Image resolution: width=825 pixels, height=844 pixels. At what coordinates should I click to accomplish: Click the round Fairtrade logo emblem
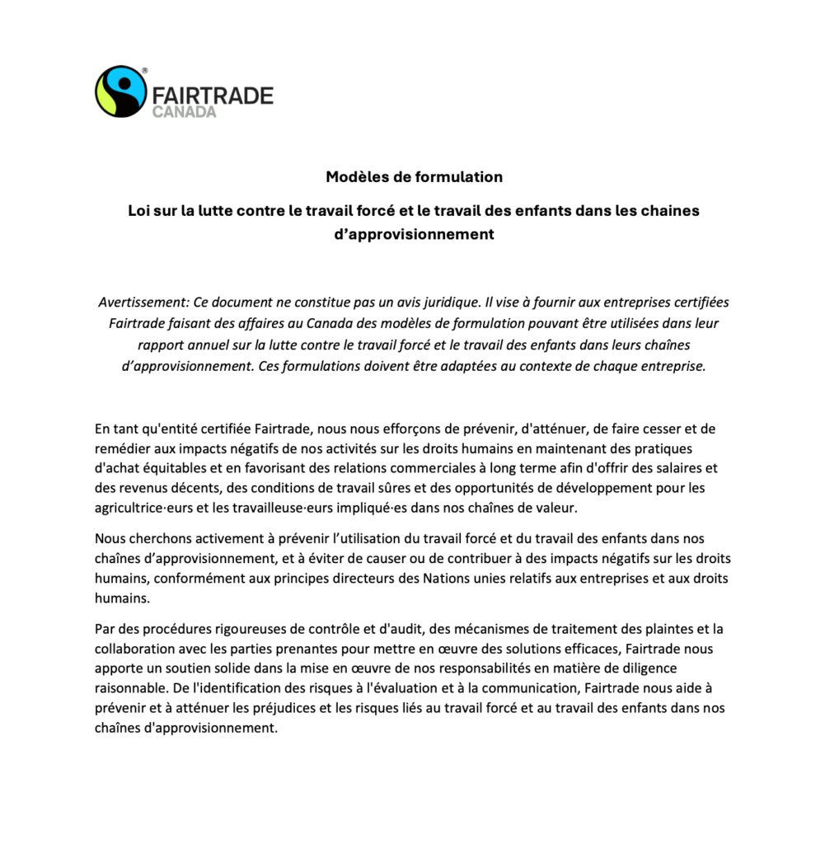click(x=121, y=91)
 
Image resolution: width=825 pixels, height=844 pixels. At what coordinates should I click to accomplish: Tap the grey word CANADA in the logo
click(x=184, y=111)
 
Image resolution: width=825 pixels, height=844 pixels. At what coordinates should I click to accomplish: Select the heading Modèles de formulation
click(x=414, y=176)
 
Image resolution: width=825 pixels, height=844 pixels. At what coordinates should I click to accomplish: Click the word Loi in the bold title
click(x=139, y=210)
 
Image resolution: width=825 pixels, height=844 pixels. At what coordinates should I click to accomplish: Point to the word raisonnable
click(x=130, y=689)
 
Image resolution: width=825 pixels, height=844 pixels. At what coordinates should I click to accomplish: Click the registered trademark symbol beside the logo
click(x=145, y=72)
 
